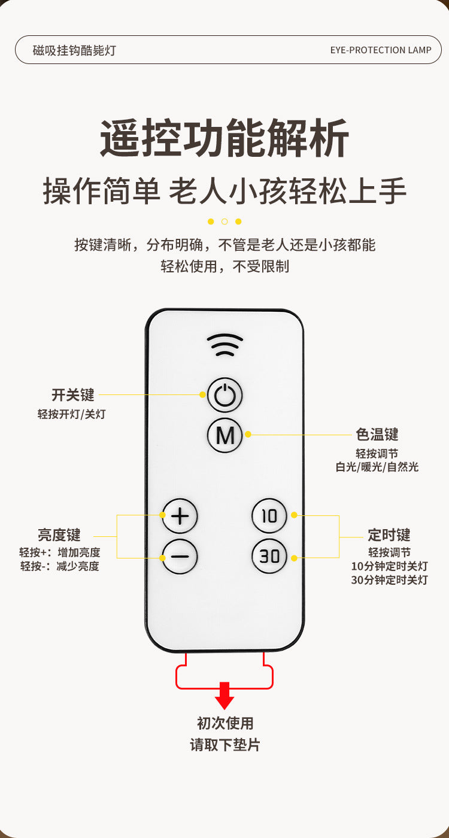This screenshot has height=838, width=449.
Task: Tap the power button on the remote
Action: coord(225,395)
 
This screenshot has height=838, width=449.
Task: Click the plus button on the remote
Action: coord(180,516)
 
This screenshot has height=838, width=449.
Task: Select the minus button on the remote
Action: coord(180,557)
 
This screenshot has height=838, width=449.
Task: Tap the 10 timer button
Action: coord(269,516)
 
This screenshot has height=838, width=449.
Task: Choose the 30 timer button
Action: coord(269,557)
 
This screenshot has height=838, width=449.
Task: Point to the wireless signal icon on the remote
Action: coord(225,345)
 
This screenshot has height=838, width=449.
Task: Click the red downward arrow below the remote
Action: coord(224,696)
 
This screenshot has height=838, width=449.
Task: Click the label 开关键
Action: coord(73,394)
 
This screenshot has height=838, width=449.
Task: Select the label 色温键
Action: coord(377,435)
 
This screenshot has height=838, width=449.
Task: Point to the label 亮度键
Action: coord(59,535)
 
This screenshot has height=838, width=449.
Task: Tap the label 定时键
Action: coord(389,535)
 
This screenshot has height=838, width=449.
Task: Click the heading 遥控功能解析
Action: coord(224,138)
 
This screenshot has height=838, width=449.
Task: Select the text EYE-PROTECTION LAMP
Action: coord(381,50)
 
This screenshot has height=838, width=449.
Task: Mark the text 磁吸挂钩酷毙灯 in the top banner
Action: coord(74,50)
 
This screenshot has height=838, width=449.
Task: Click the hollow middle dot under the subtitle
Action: coord(224,221)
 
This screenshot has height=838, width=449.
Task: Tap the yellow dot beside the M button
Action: coord(248,435)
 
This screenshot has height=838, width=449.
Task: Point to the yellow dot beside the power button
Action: coord(202,394)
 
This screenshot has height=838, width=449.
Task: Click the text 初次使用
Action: coord(225,723)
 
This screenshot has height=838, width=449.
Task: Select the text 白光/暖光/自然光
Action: coord(377,467)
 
